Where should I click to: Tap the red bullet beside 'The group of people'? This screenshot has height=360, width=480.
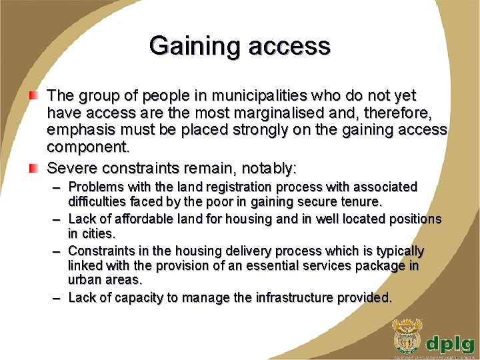(33, 97)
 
